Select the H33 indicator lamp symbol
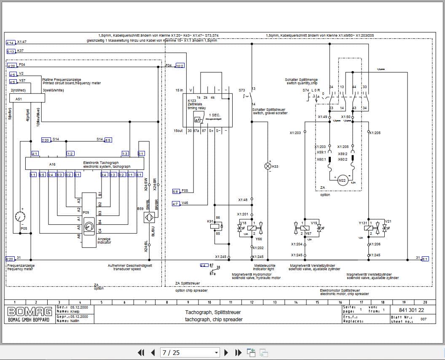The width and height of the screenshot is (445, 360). point(268,166)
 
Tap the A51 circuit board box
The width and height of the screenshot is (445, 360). point(27,98)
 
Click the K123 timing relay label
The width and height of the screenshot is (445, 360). point(193,101)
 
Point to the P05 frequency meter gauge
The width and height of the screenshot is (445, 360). point(19,217)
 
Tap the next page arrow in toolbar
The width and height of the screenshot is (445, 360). point(226,352)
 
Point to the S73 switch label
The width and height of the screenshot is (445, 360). point(241,90)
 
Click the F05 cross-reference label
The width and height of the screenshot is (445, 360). point(185,191)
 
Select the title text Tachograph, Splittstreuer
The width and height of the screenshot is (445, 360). point(214,312)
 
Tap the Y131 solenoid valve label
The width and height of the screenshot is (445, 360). point(363,222)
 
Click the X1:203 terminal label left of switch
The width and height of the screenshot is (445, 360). point(295,133)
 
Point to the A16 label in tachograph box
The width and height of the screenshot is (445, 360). point(52,164)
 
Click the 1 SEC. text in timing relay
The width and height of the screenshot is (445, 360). point(214,115)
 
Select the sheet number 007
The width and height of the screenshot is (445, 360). point(423,319)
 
